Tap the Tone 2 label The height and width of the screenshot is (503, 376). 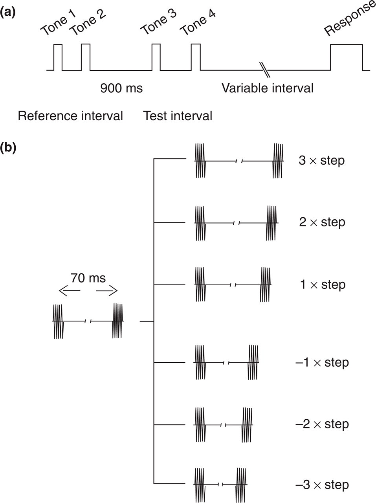pos(87,22)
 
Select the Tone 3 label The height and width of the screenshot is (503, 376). pos(158,22)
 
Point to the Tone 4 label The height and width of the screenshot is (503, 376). pos(198,22)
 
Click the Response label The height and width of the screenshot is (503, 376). pos(350,18)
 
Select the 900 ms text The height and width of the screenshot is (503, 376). pos(121,88)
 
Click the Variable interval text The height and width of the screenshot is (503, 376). pos(268,88)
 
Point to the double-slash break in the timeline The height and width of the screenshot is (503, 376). pos(265,70)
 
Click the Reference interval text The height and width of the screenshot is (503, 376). pos(70,116)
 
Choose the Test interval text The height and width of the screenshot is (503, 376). pos(178,116)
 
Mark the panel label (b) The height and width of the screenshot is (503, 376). pos(8,148)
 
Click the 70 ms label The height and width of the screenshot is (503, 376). pos(88,278)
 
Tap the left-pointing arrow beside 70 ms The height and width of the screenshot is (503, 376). pos(70,291)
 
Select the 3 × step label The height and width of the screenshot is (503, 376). pos(321,161)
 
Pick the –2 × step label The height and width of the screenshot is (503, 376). pos(322,424)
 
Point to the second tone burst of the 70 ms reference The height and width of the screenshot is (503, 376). pos(117,321)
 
